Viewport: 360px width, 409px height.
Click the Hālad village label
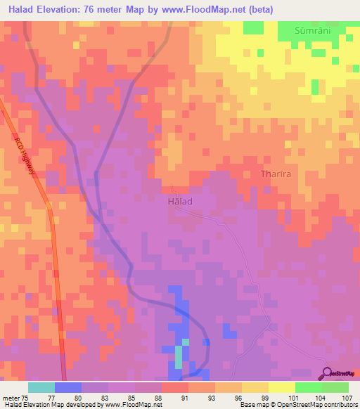180,201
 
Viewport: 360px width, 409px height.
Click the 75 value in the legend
27,397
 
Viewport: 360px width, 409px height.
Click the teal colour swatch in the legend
41,387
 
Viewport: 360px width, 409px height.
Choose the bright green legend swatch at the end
335,387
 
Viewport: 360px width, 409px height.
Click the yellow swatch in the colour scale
282,387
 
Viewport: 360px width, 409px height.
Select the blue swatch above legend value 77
68,387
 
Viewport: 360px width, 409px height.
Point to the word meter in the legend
11,397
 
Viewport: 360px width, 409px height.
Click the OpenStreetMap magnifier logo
328,372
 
